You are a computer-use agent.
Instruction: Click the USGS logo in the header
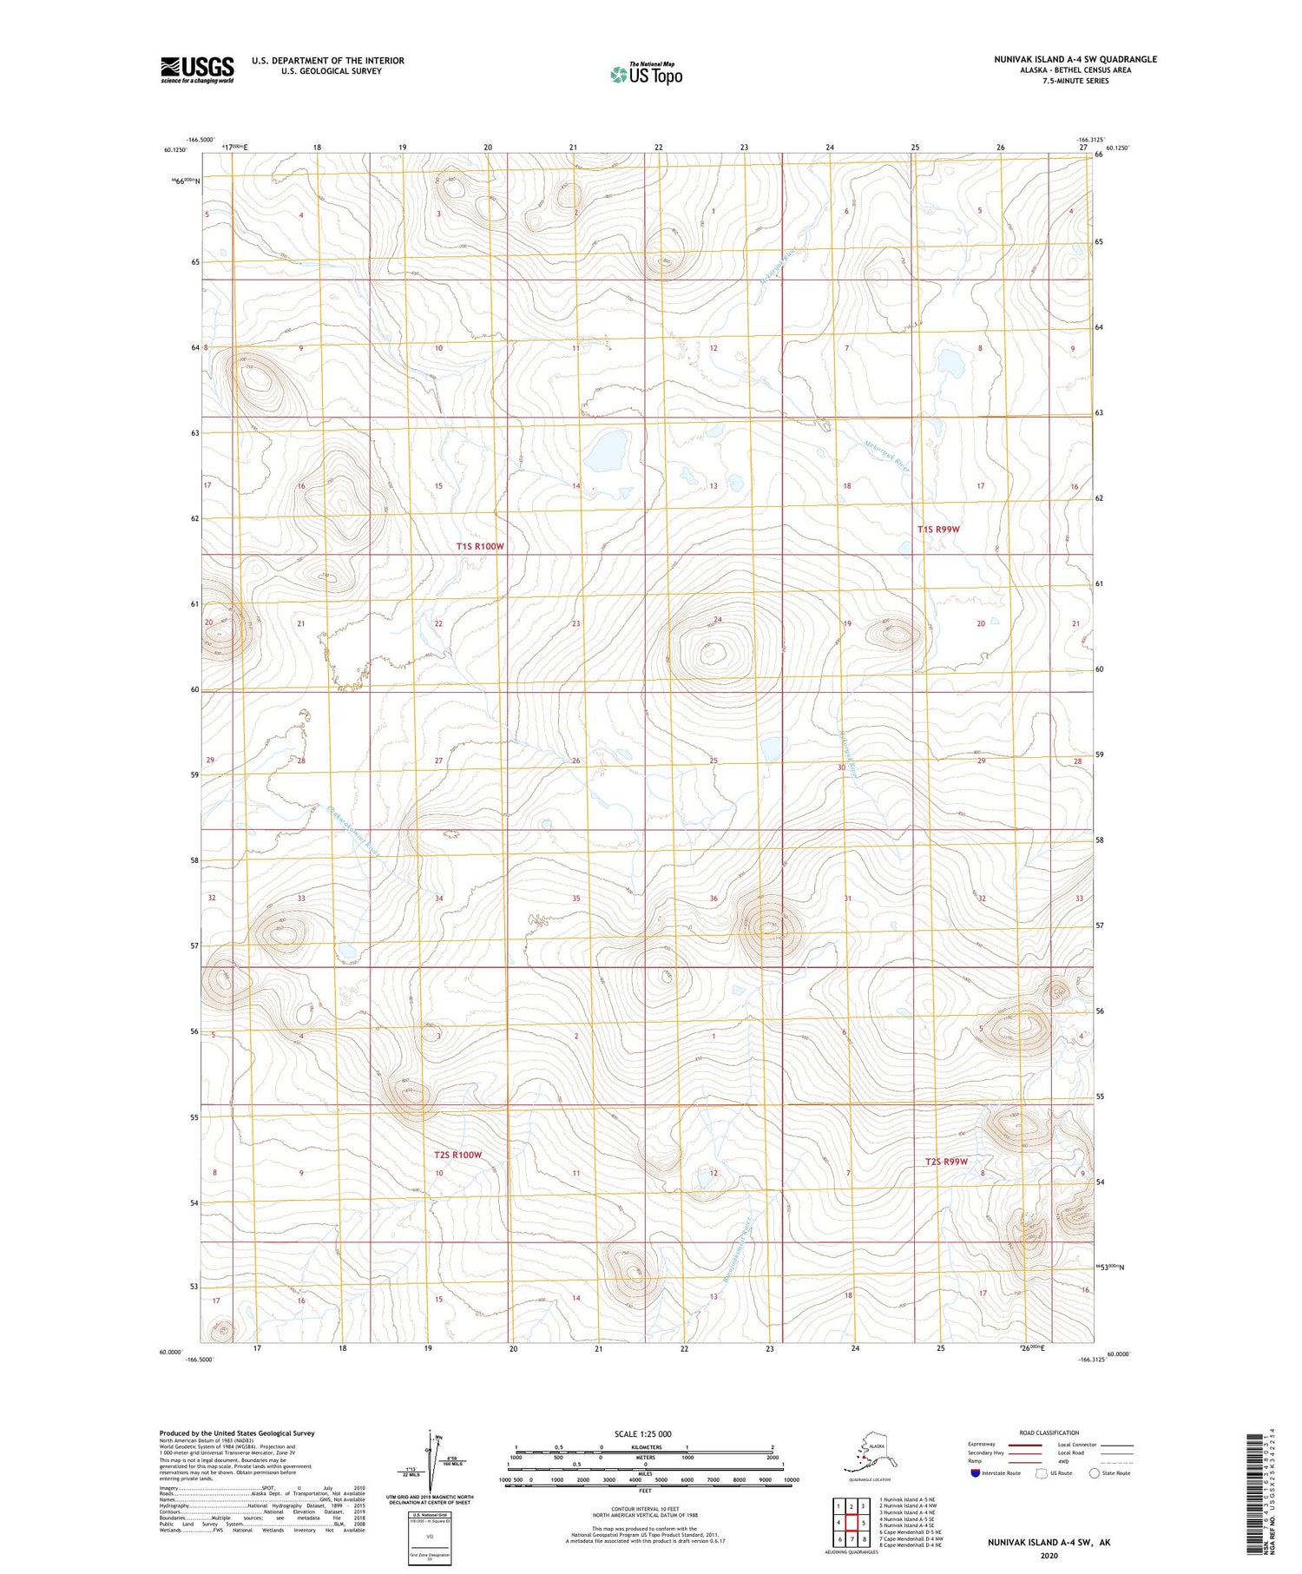197,69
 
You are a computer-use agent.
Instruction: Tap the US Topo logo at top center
647,74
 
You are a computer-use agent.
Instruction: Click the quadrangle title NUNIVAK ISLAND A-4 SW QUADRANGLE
1075,59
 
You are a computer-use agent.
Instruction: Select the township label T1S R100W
480,546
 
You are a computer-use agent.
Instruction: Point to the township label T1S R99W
939,529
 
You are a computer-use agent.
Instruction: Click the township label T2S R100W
457,1155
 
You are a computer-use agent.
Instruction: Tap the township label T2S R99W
945,1162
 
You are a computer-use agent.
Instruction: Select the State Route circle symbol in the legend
1095,1472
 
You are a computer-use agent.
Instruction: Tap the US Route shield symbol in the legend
1042,1472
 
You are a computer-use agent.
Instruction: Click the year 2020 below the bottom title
1048,1555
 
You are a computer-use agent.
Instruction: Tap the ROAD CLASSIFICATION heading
1049,1432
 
